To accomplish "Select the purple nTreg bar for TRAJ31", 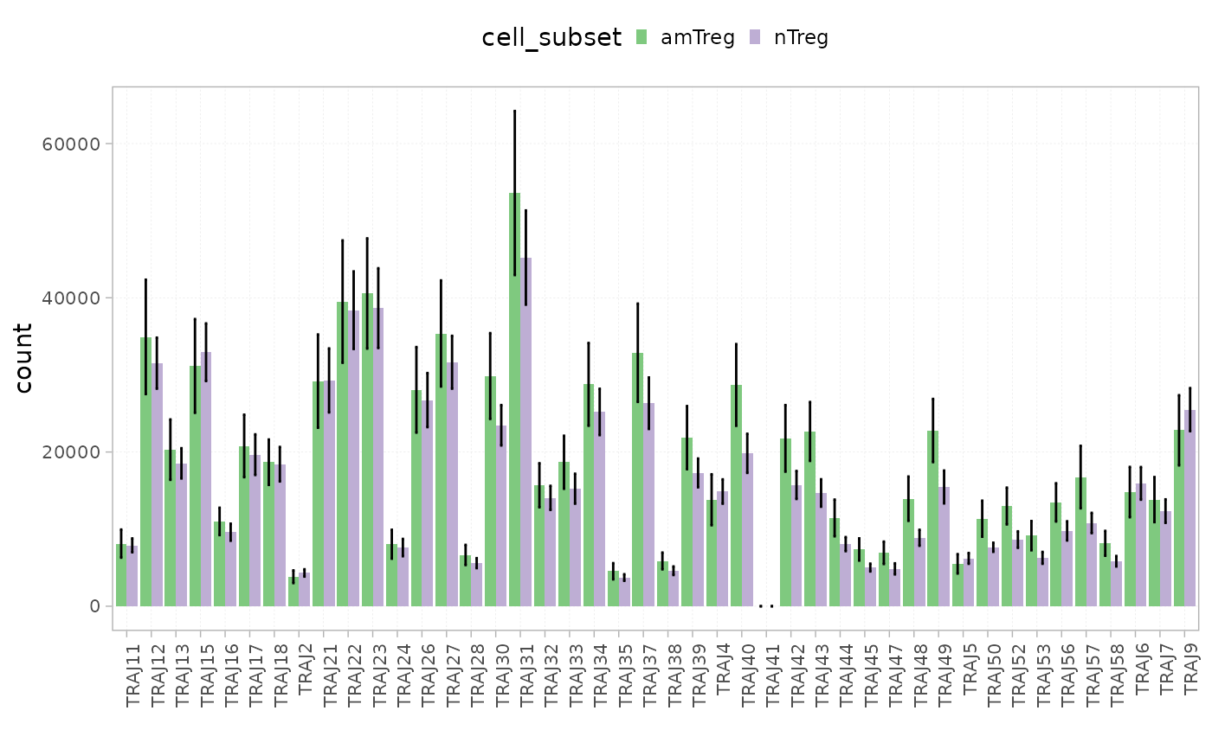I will (x=525, y=432).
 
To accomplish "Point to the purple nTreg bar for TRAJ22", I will (x=353, y=458).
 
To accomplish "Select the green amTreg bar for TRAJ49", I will (x=932, y=518).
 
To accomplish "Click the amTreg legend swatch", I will (x=641, y=37).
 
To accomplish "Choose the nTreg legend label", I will (x=801, y=37).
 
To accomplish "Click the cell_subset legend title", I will (x=551, y=37).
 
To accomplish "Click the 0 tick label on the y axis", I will (x=95, y=605).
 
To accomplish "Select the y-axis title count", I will (x=24, y=358).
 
